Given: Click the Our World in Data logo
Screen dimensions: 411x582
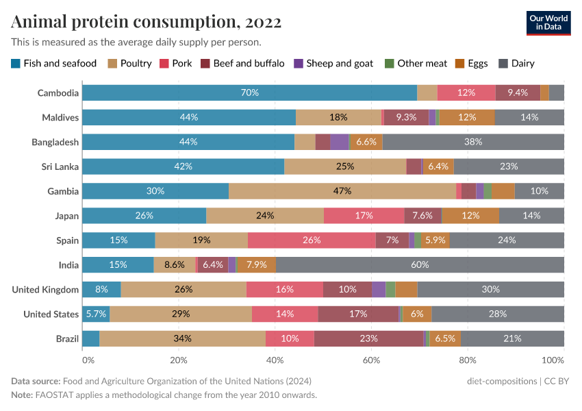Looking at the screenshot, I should (548, 23).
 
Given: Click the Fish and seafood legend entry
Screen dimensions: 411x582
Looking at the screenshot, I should (54, 64).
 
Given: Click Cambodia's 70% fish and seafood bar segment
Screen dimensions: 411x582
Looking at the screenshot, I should (249, 93).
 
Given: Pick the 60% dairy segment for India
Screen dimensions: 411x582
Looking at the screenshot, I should (420, 265).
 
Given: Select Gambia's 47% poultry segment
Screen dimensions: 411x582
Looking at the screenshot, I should (342, 191).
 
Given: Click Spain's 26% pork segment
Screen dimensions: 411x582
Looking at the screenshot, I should (312, 240).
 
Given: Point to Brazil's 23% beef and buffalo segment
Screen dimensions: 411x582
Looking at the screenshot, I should (369, 339).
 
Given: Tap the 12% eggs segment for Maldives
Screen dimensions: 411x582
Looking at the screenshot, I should (467, 117).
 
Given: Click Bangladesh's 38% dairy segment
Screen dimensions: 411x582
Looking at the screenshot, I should (473, 142).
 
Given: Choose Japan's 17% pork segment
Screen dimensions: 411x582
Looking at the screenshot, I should (364, 216).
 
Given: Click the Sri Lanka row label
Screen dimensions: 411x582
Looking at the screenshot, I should (60, 166).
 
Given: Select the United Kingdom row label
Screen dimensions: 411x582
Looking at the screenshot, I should (45, 290).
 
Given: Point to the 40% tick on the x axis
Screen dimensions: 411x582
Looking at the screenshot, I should (275, 360).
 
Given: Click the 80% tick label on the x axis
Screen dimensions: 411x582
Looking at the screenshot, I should (468, 360).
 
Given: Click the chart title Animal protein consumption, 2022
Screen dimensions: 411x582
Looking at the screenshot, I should (146, 22).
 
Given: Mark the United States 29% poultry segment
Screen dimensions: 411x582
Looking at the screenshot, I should (181, 314).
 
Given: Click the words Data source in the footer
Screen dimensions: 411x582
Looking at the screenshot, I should (35, 381).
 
